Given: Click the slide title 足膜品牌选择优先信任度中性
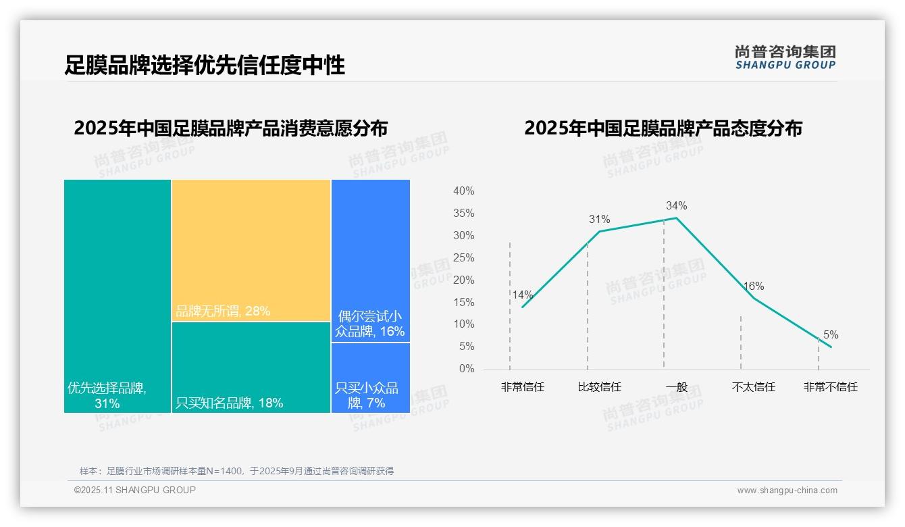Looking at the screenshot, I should click(x=205, y=65).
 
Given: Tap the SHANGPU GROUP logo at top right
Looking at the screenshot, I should click(x=785, y=57).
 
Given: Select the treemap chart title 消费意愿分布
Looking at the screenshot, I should click(x=231, y=128).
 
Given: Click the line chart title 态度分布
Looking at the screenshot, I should click(x=663, y=128).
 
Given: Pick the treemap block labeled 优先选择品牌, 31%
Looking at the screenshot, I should click(x=118, y=295).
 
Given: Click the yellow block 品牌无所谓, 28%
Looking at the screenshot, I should click(x=251, y=250).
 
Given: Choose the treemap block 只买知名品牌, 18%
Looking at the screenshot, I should click(x=251, y=367).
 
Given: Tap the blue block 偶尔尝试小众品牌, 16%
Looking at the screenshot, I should click(x=370, y=260).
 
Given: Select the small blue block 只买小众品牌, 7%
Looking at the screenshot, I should click(x=370, y=377).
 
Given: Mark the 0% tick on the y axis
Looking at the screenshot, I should click(x=466, y=369).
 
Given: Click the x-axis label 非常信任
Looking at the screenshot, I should click(x=523, y=387).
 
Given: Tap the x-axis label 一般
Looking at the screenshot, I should click(x=676, y=387).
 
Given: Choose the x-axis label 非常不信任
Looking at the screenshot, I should click(x=831, y=387).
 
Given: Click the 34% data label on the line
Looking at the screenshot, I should click(x=676, y=206).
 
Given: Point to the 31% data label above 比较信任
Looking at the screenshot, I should click(x=599, y=220).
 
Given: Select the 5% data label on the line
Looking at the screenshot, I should click(x=831, y=335).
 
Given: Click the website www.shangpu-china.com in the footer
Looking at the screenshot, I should click(x=787, y=491).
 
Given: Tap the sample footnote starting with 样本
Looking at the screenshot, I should click(x=236, y=471).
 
